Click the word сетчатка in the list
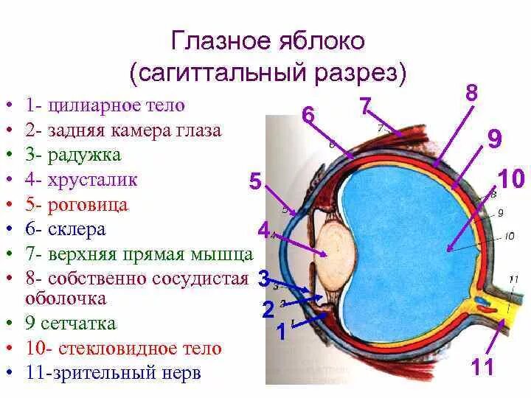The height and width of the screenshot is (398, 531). [82, 324]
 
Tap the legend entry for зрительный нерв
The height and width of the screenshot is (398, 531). [124, 373]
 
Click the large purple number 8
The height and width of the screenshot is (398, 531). [472, 94]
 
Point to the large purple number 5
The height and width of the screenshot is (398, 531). [255, 182]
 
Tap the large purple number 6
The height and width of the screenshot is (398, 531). [308, 116]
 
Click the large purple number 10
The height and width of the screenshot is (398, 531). [511, 180]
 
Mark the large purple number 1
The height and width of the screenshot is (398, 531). [281, 333]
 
